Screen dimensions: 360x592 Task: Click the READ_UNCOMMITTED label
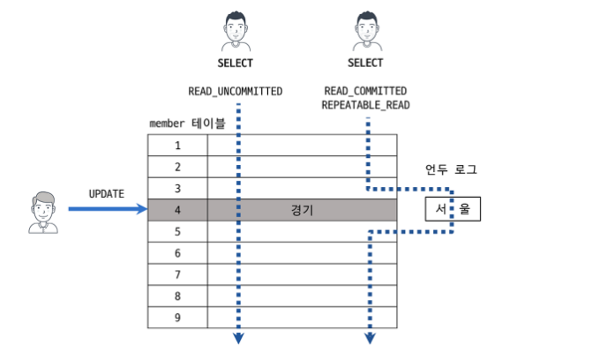236,91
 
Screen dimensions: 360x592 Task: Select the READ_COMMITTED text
365,91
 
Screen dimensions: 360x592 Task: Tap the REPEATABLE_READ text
365,104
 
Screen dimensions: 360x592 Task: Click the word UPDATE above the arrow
107,193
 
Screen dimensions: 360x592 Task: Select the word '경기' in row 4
302,210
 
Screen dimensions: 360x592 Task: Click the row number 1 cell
177,146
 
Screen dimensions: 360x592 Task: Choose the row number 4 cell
177,210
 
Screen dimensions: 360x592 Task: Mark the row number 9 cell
177,317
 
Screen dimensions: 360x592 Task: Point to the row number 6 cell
177,253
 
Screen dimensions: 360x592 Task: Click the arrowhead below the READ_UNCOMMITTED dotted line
236,340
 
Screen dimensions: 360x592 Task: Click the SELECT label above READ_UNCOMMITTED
235,64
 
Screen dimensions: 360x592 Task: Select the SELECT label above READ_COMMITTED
365,64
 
